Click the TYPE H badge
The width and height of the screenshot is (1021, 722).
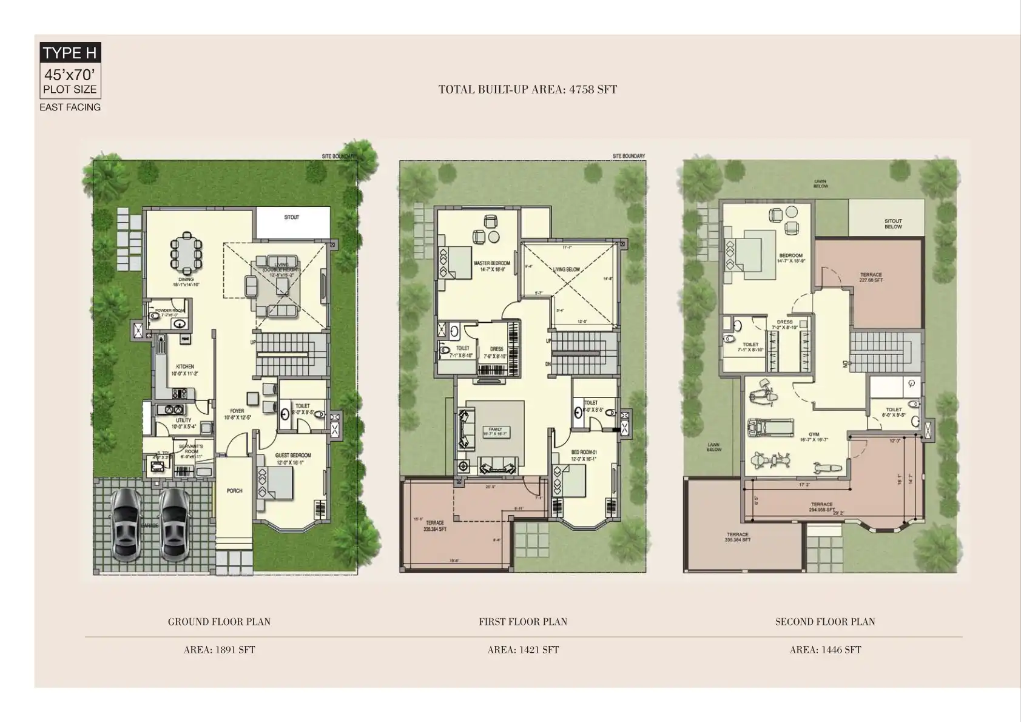[x=70, y=53]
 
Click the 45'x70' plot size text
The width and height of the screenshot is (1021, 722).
[x=70, y=75]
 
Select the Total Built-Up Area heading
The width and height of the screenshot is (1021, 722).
[x=527, y=90]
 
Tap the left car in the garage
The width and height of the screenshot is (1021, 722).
[x=126, y=524]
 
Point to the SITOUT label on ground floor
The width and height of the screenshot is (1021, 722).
[x=292, y=217]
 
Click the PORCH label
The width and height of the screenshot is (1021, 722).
[x=234, y=491]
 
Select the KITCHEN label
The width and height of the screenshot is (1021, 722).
[x=185, y=366]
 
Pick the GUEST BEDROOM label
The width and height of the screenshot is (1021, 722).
[x=292, y=455]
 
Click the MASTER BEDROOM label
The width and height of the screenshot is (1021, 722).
[x=491, y=263]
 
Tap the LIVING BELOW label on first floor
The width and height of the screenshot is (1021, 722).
[x=566, y=269]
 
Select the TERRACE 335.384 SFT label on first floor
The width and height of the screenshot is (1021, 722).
[x=434, y=525]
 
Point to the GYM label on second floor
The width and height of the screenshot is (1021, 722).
[x=814, y=434]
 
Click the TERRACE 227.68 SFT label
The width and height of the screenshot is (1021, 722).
[x=871, y=277]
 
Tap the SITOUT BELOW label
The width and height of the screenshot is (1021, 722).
[x=893, y=224]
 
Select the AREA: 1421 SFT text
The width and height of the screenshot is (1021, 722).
[x=523, y=650]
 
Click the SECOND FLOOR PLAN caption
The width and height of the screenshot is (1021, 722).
[x=824, y=622]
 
